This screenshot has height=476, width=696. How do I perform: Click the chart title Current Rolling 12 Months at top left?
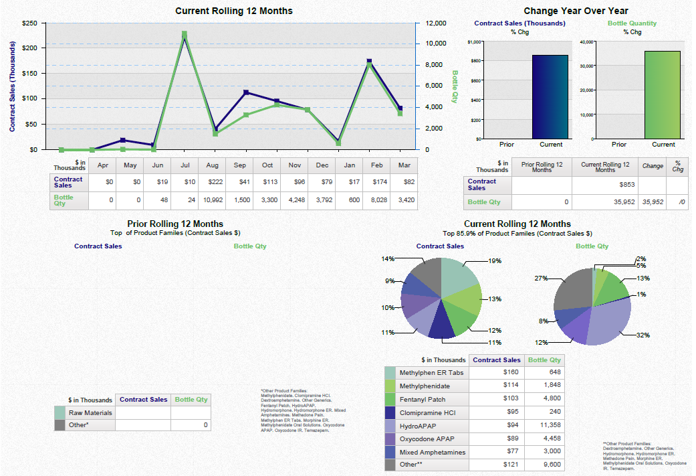coord(233,11)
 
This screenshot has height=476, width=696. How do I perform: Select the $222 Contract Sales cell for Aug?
coord(213,182)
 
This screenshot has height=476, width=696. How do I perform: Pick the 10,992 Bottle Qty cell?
coord(213,200)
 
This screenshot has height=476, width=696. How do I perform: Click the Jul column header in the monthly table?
coord(185,165)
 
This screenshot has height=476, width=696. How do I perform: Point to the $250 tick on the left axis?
coord(29,23)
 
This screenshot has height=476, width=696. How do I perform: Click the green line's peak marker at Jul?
coord(184,33)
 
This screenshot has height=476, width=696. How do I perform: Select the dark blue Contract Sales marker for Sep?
coord(246,92)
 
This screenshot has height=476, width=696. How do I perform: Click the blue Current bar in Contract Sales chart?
coord(550,97)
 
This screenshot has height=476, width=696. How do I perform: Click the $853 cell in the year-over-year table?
coord(605,184)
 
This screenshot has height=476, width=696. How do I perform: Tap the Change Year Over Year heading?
coord(576,11)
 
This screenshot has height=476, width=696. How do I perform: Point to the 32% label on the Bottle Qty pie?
coord(643,335)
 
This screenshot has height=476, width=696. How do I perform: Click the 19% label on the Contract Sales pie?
coord(494,261)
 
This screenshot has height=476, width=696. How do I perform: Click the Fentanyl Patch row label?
coord(422,400)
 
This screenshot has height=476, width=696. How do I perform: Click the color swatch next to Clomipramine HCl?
coord(390,413)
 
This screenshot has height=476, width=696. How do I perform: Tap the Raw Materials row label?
coord(90,413)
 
